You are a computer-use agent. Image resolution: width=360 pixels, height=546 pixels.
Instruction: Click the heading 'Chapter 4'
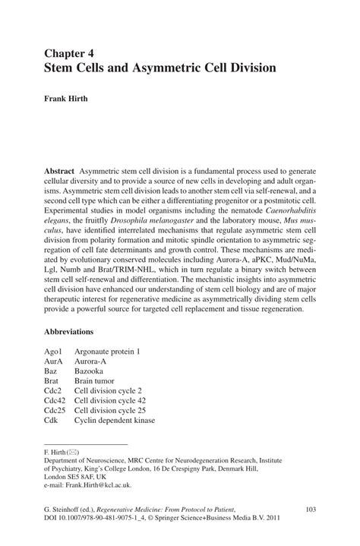72,53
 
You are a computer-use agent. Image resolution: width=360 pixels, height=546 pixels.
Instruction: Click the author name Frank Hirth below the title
71,98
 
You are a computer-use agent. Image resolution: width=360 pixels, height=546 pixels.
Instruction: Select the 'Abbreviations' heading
79,332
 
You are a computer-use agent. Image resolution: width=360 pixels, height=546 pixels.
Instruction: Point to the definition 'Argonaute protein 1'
107,352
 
